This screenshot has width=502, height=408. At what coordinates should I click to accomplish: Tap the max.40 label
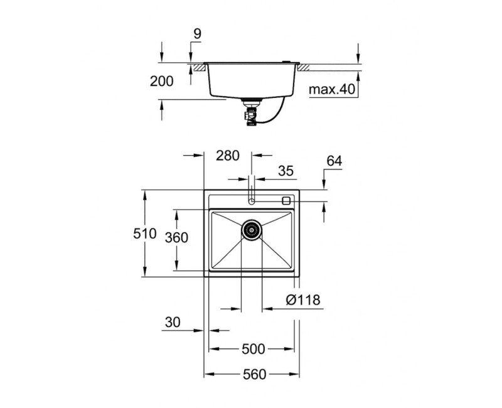click(x=332, y=89)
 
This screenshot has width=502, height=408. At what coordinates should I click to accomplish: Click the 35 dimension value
click(x=286, y=170)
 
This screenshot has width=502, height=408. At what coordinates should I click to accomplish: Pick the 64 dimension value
click(x=334, y=161)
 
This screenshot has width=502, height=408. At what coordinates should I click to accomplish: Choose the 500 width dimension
click(x=252, y=349)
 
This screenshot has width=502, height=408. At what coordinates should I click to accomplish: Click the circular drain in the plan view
click(x=252, y=230)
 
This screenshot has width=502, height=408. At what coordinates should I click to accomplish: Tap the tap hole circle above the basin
click(x=252, y=201)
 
